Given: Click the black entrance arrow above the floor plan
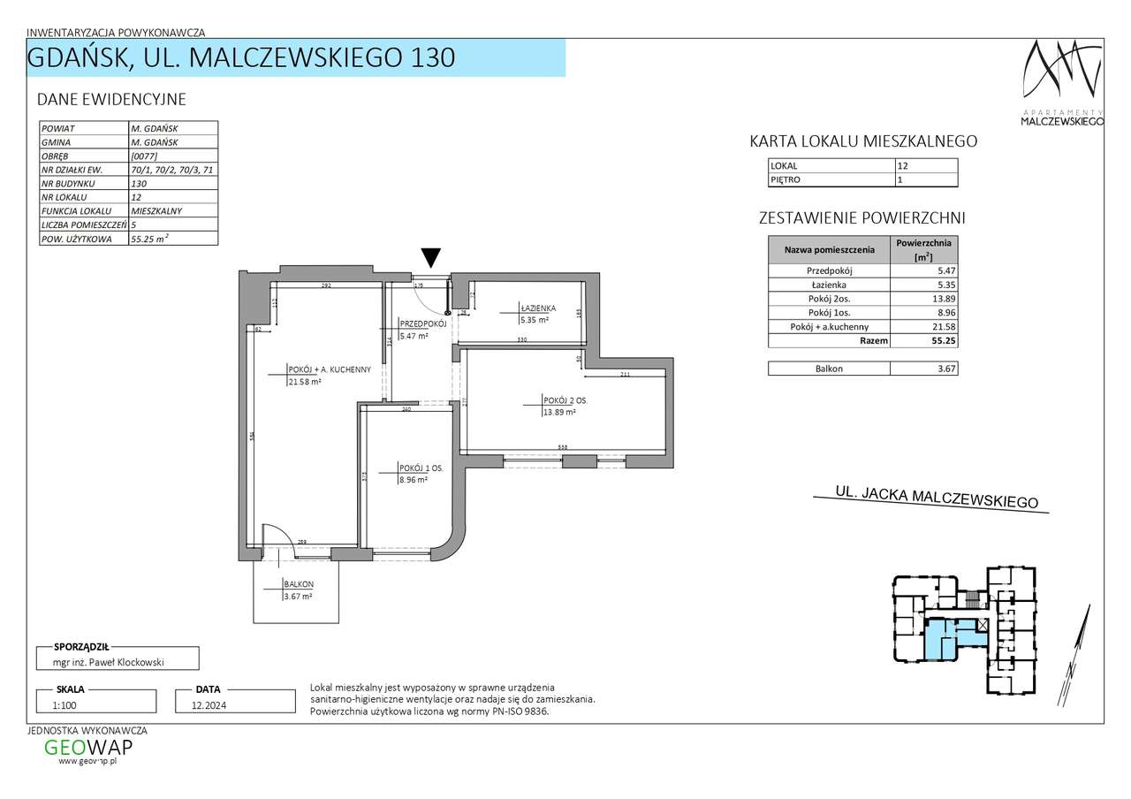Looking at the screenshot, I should pyautogui.click(x=430, y=257).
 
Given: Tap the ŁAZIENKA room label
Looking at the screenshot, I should pyautogui.click(x=538, y=308).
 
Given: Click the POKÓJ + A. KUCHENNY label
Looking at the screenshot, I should pyautogui.click(x=329, y=369).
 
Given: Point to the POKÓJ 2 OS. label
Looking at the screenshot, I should pyautogui.click(x=565, y=400).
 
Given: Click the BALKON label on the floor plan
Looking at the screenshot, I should pyautogui.click(x=299, y=584).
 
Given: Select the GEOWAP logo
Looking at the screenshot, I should pyautogui.click(x=88, y=748).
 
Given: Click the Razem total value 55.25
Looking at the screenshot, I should pyautogui.click(x=923, y=339).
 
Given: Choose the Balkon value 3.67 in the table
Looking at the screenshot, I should pyautogui.click(x=923, y=369).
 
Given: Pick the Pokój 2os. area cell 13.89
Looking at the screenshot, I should pyautogui.click(x=923, y=300).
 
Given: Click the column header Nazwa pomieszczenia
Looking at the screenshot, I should pyautogui.click(x=829, y=250).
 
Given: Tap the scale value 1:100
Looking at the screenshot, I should pyautogui.click(x=65, y=705).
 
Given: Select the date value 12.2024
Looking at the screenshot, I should pyautogui.click(x=199, y=705).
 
